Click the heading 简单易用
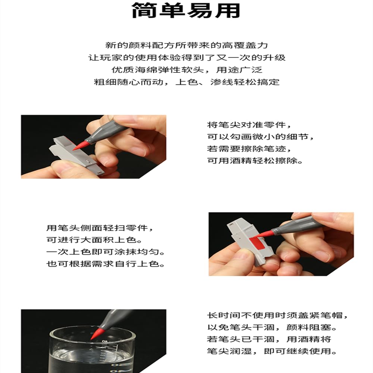click(186, 10)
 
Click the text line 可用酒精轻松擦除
click(255, 160)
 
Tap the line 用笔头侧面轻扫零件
click(100, 228)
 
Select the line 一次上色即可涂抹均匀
click(106, 252)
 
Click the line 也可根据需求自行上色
click(106, 264)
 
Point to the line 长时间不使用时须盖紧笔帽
click(278, 316)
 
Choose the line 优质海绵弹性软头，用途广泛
click(187, 70)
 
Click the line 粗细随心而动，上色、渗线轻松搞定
click(187, 82)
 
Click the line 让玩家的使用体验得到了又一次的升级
click(187, 57)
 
